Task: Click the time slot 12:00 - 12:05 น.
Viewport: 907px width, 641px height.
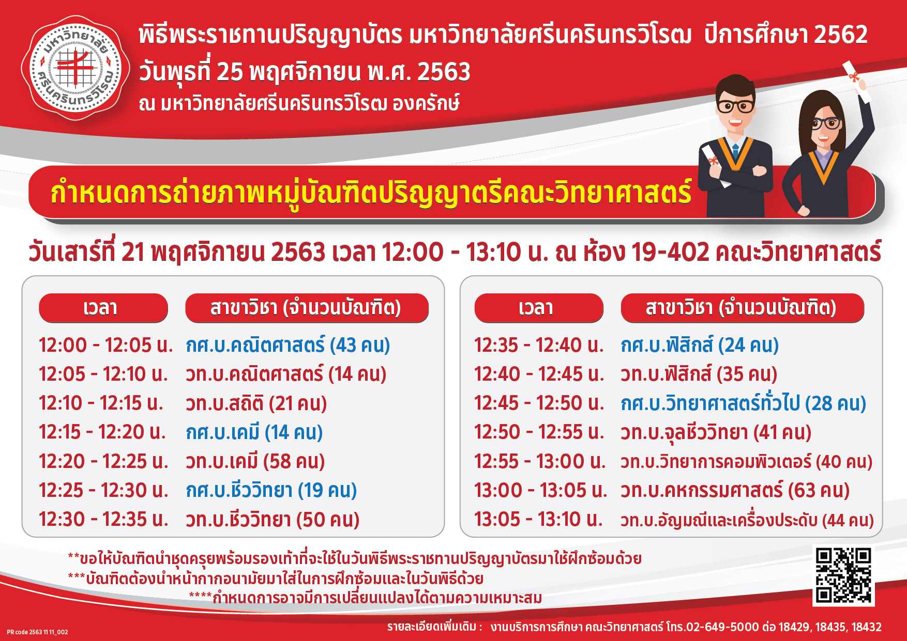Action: point(105,345)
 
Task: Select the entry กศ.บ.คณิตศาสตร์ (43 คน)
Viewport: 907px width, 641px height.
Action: point(288,345)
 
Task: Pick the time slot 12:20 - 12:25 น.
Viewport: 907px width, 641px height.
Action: point(103,461)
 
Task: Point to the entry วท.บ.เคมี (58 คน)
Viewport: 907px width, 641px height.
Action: point(255,461)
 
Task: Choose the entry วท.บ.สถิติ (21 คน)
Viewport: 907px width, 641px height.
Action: point(256,403)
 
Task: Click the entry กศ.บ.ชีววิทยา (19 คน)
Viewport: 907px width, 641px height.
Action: point(271,490)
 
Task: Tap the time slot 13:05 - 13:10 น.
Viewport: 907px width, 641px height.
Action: point(538,519)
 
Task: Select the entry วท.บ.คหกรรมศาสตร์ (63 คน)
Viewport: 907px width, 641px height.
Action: point(735,490)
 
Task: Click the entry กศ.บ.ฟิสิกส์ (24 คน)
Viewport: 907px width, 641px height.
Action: point(700,345)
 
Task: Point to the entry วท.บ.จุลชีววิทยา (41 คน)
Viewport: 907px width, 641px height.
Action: point(716,432)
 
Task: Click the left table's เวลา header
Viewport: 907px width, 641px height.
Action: point(103,308)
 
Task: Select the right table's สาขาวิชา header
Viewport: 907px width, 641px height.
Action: point(743,308)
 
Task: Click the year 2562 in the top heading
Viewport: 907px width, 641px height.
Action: point(841,35)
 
